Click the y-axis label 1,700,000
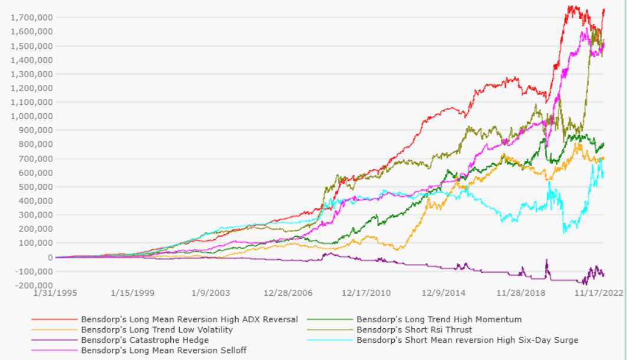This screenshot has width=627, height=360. pyautogui.click(x=31, y=18)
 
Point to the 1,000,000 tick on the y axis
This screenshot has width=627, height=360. pyautogui.click(x=31, y=116)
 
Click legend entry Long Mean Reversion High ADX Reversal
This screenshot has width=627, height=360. pyautogui.click(x=189, y=320)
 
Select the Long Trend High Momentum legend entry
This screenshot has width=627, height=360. pyautogui.click(x=439, y=320)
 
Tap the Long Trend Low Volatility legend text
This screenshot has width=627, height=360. pyautogui.click(x=157, y=330)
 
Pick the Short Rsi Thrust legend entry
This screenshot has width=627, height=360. pyautogui.click(x=414, y=330)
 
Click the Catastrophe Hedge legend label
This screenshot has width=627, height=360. pyautogui.click(x=145, y=340)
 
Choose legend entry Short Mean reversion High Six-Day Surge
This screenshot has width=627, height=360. pyautogui.click(x=467, y=340)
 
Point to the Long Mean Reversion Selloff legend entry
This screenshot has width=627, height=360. pyautogui.click(x=163, y=350)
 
